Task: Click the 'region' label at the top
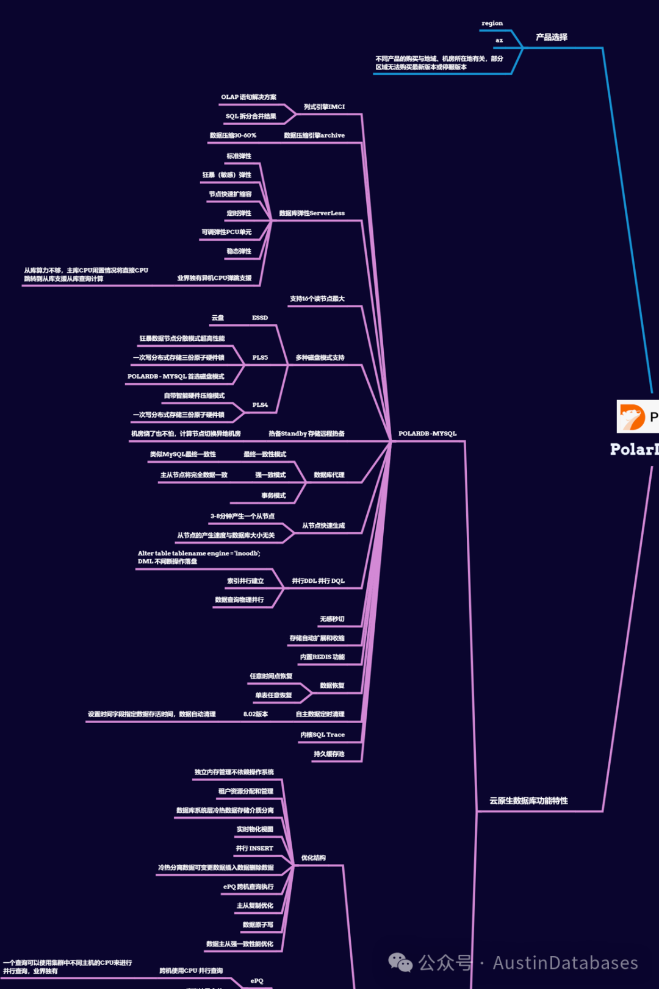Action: click(x=492, y=23)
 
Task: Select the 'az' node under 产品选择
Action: click(x=499, y=40)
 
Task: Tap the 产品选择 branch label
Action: click(x=551, y=37)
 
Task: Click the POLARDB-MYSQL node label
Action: click(x=427, y=434)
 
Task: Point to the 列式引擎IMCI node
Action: click(x=324, y=107)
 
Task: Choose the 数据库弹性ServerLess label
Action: click(x=311, y=213)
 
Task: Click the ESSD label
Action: click(x=260, y=318)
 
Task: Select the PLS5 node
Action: click(x=260, y=357)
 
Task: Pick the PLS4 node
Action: click(x=260, y=405)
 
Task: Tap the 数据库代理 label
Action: click(x=329, y=475)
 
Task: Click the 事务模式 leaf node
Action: click(x=273, y=496)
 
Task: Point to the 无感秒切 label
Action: click(x=332, y=619)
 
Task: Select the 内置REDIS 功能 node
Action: click(x=322, y=657)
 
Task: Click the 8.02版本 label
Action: click(x=256, y=714)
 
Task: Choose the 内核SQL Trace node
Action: click(x=322, y=735)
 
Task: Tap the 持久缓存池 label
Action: click(x=329, y=754)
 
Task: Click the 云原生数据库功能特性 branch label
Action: click(x=528, y=801)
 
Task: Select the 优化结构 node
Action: click(x=313, y=858)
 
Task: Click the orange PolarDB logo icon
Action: click(x=632, y=417)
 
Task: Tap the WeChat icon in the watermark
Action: click(x=400, y=962)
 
